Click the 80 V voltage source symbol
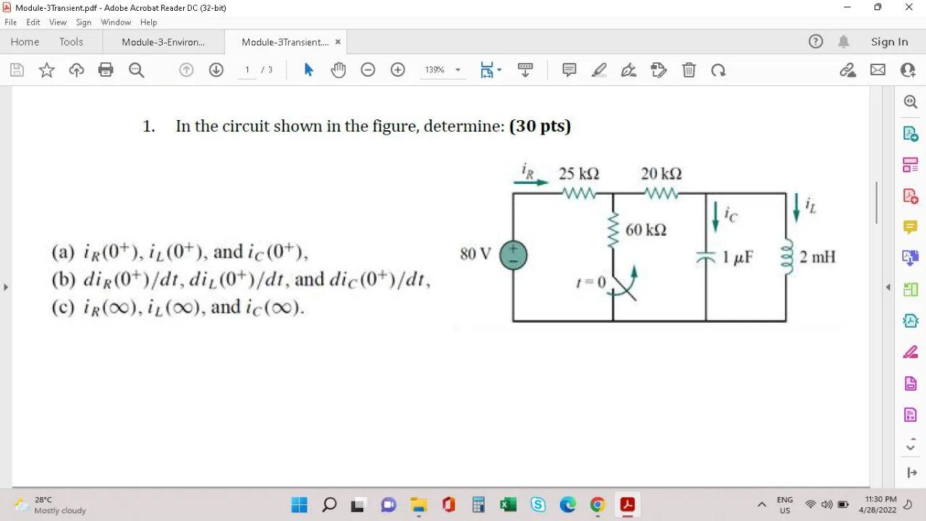click(513, 255)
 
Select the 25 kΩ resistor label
click(579, 174)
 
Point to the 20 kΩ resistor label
click(661, 174)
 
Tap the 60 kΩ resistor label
click(646, 230)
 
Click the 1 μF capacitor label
click(738, 257)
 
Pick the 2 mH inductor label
click(817, 257)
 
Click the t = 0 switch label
click(591, 281)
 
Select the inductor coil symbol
click(786, 257)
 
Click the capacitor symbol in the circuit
click(706, 257)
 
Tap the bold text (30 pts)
click(540, 126)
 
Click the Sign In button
click(889, 42)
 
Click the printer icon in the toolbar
click(106, 70)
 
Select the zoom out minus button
click(368, 70)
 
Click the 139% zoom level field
click(435, 70)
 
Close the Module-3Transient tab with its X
click(338, 42)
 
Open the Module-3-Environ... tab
click(163, 42)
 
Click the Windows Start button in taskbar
click(300, 504)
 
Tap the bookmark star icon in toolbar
click(47, 70)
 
